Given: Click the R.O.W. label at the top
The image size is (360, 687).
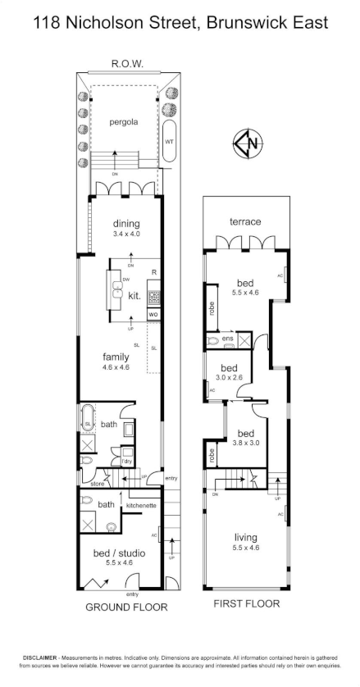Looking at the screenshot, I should (127, 62).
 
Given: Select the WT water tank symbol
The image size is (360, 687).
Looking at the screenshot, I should (170, 141).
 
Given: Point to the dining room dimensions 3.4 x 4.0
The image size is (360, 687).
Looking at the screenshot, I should (126, 234).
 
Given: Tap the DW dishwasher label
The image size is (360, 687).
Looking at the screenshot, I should (125, 280).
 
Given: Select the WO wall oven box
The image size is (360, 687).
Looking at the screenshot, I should (153, 315).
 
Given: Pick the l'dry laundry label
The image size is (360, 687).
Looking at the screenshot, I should (127, 462).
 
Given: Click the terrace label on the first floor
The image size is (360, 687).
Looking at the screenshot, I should (244, 222).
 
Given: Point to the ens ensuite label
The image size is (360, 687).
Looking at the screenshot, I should (227, 338).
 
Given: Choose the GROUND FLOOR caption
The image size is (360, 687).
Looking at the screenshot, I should (126, 607).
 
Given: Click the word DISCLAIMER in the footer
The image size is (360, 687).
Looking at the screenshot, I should (39, 658).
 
